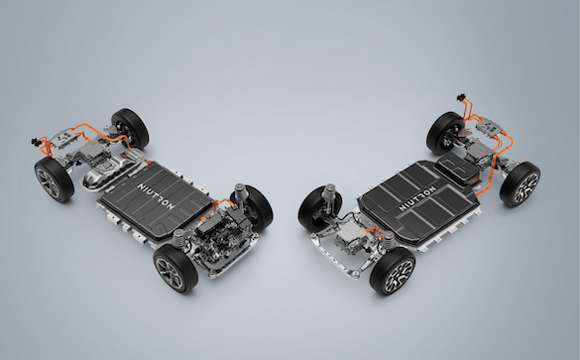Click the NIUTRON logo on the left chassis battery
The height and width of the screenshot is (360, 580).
tap(156, 196)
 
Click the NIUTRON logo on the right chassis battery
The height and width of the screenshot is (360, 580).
tap(417, 199)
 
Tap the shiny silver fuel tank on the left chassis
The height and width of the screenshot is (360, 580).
tap(112, 169)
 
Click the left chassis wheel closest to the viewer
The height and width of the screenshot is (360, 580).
tap(176, 268)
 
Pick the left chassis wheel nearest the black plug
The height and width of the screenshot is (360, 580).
tap(55, 180)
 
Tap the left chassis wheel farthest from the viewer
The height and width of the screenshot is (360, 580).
tap(130, 128)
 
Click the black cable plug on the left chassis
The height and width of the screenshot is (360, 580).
tap(36, 141)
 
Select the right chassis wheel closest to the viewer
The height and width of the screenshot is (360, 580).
tap(393, 271)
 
